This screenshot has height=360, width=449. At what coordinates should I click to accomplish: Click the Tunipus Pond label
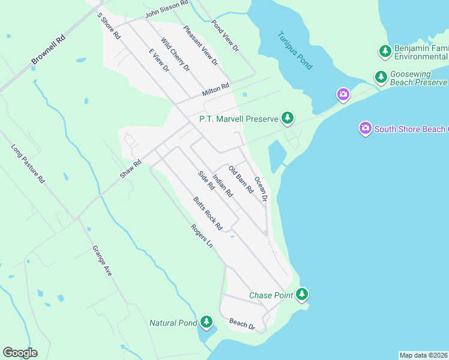click(295, 50)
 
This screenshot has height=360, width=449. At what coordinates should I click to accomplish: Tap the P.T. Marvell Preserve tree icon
click(288, 118)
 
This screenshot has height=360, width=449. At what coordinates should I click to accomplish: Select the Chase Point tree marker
click(302, 294)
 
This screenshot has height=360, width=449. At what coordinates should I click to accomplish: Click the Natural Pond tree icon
click(206, 322)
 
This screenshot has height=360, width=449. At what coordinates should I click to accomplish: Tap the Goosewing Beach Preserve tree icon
click(381, 77)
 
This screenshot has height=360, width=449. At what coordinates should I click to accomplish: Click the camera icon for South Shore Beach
click(365, 128)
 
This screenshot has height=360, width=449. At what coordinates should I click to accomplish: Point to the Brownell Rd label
click(48, 52)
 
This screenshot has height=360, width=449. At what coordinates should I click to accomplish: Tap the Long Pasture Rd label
click(28, 163)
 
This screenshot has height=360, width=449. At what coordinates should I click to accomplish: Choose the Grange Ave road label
click(102, 260)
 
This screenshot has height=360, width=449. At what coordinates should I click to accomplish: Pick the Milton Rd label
click(216, 90)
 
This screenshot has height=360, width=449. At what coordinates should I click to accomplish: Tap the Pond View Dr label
click(225, 35)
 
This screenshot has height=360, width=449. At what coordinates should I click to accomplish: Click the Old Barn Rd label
click(241, 181)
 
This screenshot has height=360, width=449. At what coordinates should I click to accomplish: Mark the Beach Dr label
click(243, 324)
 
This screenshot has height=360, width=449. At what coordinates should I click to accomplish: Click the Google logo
click(20, 352)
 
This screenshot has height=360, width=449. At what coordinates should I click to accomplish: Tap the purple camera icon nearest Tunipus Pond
click(343, 94)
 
